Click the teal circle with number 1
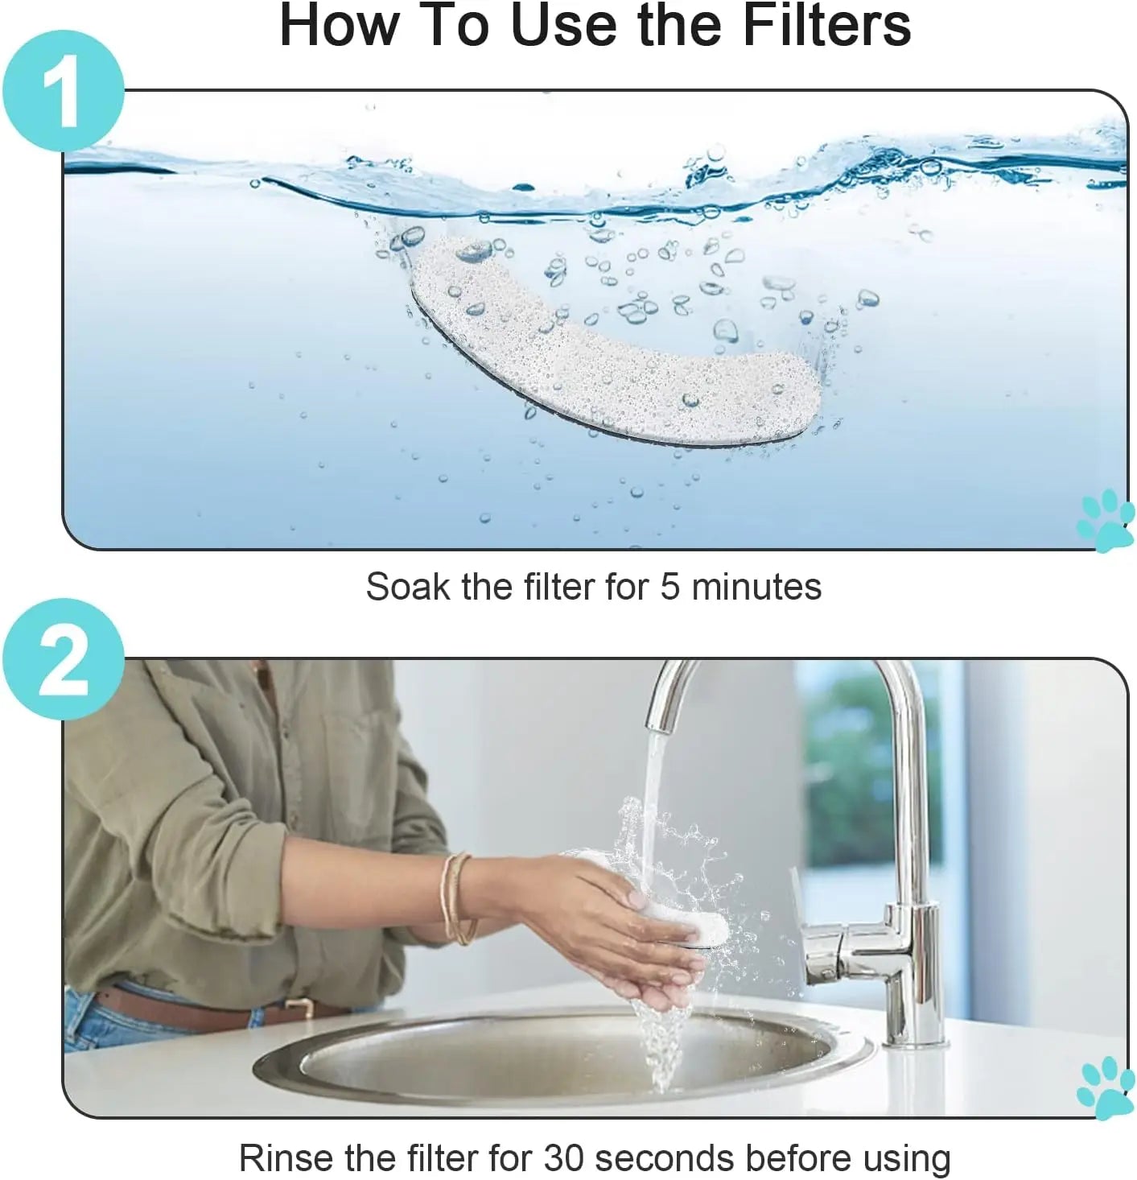[64, 91]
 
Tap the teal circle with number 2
[64, 659]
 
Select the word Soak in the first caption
[408, 586]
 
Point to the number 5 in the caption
[669, 587]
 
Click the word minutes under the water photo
[756, 586]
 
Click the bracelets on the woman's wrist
[458, 898]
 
